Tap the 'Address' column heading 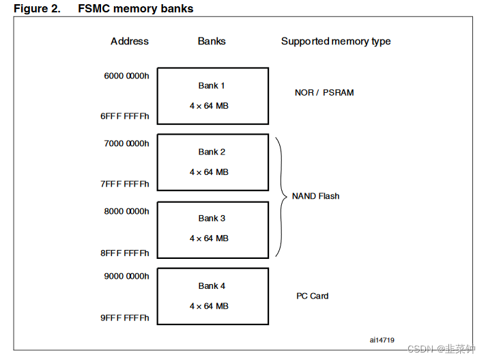click(x=130, y=41)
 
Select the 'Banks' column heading click(x=212, y=41)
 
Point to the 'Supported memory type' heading click(x=336, y=41)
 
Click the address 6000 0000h click(x=126, y=76)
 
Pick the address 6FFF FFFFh click(x=125, y=116)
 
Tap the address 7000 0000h click(x=126, y=143)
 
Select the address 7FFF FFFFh click(x=125, y=184)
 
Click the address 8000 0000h click(x=126, y=211)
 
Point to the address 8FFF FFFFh click(x=125, y=253)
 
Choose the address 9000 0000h click(x=126, y=277)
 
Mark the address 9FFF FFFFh click(x=125, y=318)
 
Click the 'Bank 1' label click(x=212, y=86)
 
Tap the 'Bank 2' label click(x=212, y=152)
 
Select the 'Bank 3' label click(x=212, y=219)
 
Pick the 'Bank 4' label click(x=212, y=286)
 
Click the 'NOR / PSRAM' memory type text click(x=324, y=93)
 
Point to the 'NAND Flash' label click(x=315, y=196)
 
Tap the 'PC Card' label click(x=312, y=296)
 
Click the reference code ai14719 click(x=383, y=340)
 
